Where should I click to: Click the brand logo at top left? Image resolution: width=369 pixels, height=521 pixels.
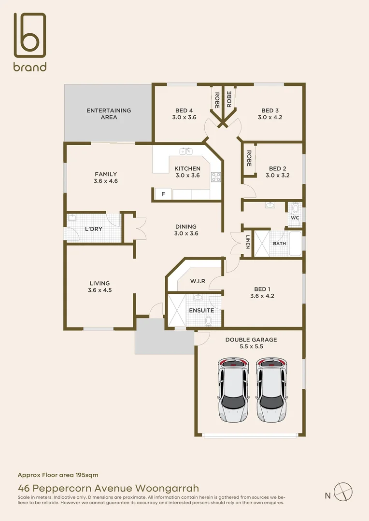[30, 42]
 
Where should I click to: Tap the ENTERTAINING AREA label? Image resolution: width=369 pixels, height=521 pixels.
[109, 114]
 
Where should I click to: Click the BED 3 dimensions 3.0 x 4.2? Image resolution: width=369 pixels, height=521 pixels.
[270, 117]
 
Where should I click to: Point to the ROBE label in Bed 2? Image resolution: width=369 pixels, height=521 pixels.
[249, 158]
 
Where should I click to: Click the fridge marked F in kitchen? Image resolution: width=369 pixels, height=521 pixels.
[163, 194]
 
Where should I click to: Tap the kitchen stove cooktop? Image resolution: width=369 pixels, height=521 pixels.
[216, 177]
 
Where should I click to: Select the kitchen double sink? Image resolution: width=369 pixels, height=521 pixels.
[186, 151]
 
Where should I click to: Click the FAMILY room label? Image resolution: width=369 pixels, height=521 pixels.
[106, 174]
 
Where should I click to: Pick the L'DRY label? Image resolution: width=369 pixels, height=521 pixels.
[93, 229]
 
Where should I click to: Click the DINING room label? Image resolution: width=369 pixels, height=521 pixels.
[186, 226]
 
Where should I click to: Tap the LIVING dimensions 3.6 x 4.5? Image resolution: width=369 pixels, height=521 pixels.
[99, 290]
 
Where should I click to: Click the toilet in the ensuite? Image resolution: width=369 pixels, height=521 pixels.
[209, 320]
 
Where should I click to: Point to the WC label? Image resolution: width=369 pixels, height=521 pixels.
[295, 218]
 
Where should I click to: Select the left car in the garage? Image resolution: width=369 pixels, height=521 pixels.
[233, 390]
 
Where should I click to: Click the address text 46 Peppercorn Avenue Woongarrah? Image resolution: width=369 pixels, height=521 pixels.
[108, 488]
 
